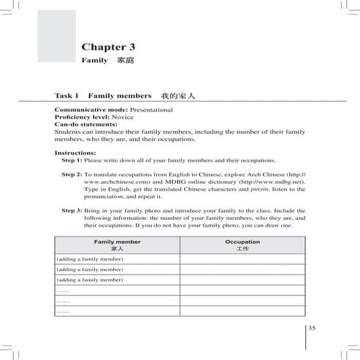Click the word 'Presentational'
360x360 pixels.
(x=146, y=109)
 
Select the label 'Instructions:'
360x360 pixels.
(x=75, y=153)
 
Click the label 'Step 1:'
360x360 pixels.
(x=72, y=159)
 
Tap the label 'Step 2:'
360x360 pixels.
(x=72, y=175)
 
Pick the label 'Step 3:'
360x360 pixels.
(x=72, y=210)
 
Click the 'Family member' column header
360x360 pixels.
(x=118, y=241)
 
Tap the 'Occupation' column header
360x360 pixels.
(x=242, y=241)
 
